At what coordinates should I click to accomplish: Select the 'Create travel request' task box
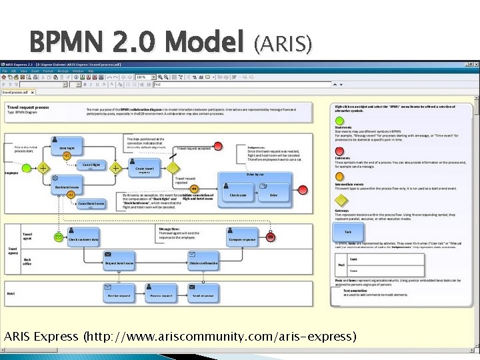[145, 169]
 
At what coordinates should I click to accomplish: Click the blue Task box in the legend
[348, 232]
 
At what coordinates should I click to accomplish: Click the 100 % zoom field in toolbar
[142, 77]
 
